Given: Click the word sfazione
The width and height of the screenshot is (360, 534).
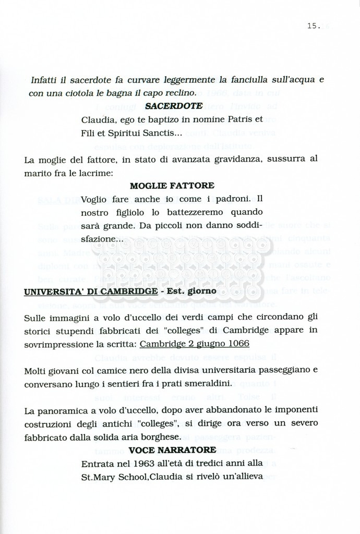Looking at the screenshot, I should pyautogui.click(x=100, y=239).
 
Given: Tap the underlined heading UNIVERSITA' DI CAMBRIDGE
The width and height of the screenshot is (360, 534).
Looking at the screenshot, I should pyautogui.click(x=91, y=290).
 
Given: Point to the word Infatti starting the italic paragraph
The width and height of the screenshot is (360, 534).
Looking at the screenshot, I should pyautogui.click(x=44, y=80).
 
